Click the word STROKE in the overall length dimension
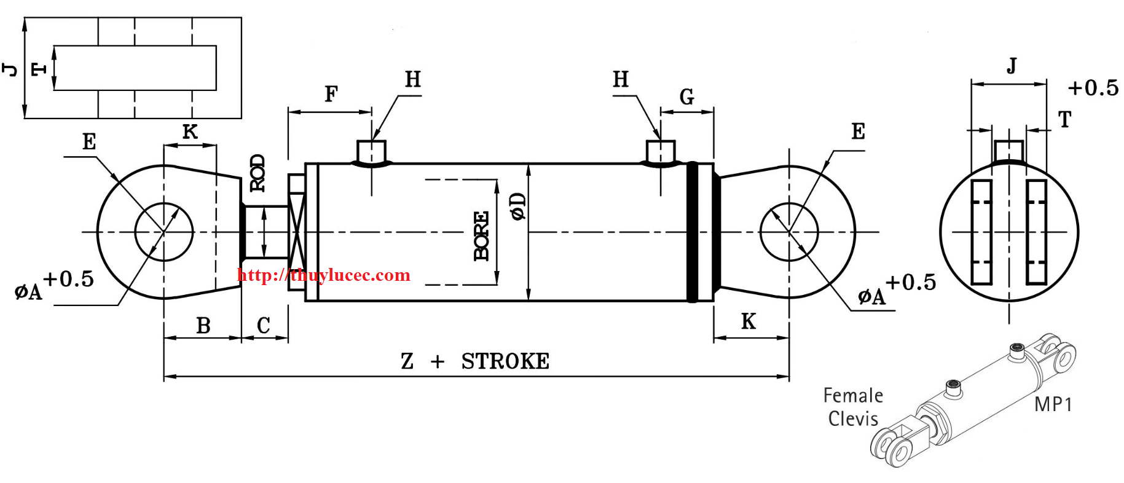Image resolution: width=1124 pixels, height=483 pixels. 505,361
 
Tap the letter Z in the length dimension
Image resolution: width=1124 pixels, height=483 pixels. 407,361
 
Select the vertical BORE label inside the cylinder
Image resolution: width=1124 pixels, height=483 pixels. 481,236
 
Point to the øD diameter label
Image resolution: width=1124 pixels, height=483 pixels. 518,206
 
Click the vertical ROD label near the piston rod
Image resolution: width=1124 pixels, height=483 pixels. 257,173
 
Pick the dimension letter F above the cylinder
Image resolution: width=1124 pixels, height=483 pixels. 331,94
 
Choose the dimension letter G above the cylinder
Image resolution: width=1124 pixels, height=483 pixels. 686,96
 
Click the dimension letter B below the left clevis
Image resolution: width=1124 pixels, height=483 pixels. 203,326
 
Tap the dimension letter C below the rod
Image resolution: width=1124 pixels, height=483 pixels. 263,325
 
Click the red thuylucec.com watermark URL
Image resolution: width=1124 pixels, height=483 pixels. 324,275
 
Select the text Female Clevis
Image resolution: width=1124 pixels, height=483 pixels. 853,407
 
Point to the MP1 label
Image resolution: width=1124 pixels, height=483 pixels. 1053,404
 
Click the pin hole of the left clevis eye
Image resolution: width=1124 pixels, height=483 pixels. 164,232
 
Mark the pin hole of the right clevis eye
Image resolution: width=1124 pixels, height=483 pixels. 789,232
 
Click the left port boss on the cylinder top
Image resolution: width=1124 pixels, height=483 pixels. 372,152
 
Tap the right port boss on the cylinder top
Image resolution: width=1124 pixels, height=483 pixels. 661,152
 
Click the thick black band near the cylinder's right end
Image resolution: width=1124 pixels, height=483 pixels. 692,232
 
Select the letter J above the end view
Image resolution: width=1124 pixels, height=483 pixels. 1012,65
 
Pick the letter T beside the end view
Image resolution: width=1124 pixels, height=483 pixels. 1065,119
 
